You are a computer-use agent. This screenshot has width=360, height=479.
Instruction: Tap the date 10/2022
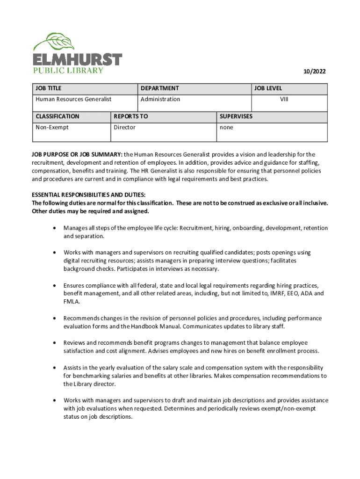314,72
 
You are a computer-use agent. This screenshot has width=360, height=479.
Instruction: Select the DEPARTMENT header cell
159,88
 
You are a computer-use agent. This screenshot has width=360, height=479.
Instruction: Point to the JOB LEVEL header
268,88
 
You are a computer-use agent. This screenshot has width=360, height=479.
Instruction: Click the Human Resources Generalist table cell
73,99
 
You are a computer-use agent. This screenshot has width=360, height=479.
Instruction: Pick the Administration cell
160,99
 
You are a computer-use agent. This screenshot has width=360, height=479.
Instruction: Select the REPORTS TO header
130,116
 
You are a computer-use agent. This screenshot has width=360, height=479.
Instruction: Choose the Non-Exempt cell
52,127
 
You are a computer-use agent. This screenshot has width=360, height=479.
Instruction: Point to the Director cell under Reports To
124,127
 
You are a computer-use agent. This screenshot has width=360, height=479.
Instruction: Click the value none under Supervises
226,127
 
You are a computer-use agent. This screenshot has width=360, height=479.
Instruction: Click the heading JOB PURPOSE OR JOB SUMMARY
77,154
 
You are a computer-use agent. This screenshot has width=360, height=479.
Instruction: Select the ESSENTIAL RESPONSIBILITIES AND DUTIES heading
88,195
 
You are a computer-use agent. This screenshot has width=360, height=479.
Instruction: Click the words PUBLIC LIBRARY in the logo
68,71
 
